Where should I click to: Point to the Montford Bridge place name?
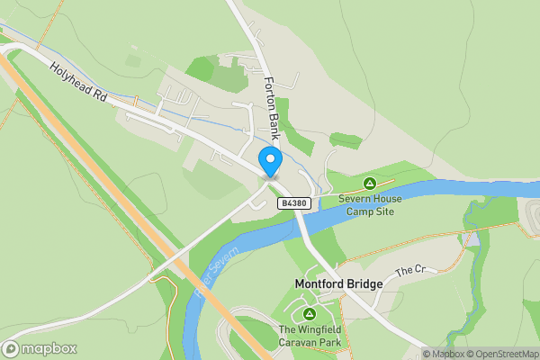(338, 283)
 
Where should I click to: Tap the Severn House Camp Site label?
(367, 204)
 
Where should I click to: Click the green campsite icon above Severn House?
(367, 184)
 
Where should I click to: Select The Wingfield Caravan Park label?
(310, 337)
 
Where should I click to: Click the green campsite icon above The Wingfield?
(310, 313)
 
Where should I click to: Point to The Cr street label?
(409, 269)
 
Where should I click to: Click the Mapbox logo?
(40, 348)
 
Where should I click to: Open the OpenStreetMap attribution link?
(505, 354)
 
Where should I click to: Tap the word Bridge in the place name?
(365, 283)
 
